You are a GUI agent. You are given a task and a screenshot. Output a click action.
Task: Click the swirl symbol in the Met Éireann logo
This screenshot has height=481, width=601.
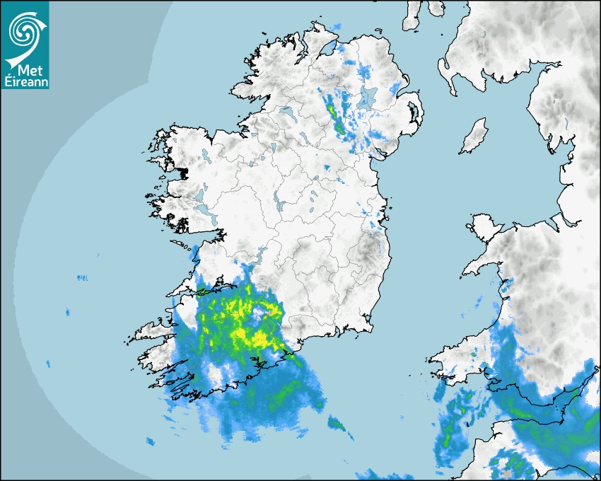point(23,30)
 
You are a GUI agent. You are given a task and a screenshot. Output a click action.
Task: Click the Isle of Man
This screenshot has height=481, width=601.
point(474,137)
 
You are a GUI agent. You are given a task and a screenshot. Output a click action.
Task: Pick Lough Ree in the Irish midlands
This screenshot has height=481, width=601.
point(280,204)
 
